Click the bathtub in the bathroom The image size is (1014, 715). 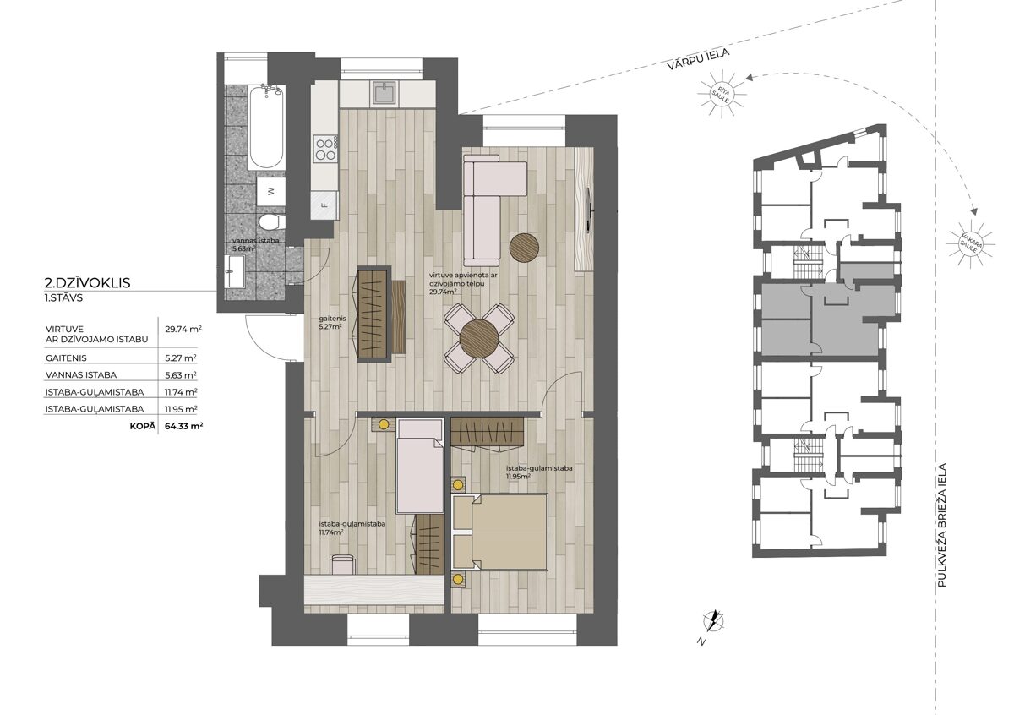pyautogui.click(x=266, y=127)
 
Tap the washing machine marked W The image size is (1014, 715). pyautogui.click(x=270, y=192)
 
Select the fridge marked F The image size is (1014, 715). pyautogui.click(x=324, y=205)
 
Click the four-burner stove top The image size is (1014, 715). pyautogui.click(x=325, y=149)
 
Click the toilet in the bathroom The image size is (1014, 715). pyautogui.click(x=271, y=223)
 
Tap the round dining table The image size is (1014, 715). pyautogui.click(x=479, y=339)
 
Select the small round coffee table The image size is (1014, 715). pyautogui.click(x=524, y=248)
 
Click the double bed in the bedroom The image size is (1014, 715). pyautogui.click(x=499, y=532)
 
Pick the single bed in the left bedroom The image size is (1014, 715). pyautogui.click(x=419, y=466)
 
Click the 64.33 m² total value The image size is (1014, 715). pyautogui.click(x=184, y=426)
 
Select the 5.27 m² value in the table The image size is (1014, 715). pyautogui.click(x=181, y=357)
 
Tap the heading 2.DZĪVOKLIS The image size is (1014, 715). pyautogui.click(x=87, y=283)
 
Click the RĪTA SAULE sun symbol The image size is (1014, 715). pyautogui.click(x=722, y=94)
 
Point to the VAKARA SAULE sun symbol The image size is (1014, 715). pyautogui.click(x=971, y=244)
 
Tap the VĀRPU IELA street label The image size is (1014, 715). pyautogui.click(x=698, y=59)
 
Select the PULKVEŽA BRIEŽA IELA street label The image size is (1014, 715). pyautogui.click(x=942, y=525)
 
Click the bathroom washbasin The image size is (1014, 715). pyautogui.click(x=235, y=270)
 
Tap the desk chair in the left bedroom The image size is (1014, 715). pyautogui.click(x=343, y=565)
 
